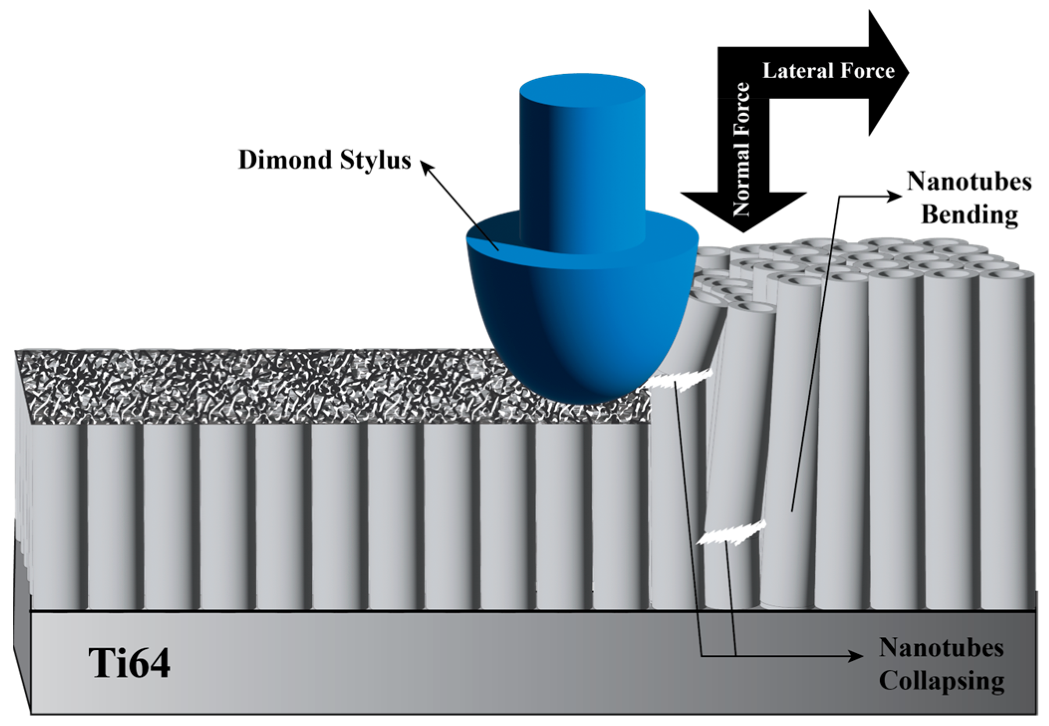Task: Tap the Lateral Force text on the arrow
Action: (x=828, y=71)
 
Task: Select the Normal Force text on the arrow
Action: (x=742, y=149)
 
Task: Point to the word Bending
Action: (x=969, y=215)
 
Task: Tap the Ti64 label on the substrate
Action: (x=129, y=663)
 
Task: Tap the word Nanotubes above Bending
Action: (x=968, y=182)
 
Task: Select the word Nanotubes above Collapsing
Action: (x=941, y=648)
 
